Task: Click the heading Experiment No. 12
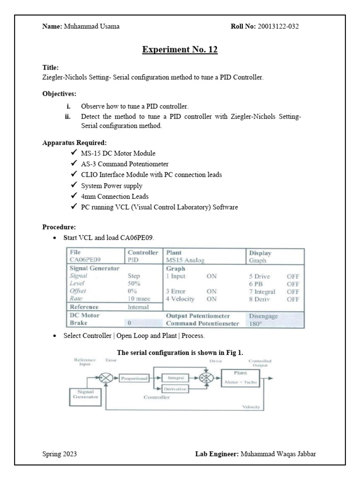pos(180,50)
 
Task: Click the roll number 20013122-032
pos(277,26)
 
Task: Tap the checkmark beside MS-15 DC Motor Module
pos(74,153)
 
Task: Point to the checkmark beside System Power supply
pos(74,185)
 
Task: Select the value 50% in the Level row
pos(134,284)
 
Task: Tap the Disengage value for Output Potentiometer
pos(264,316)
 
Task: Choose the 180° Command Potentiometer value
pos(256,323)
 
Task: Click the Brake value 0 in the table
pos(129,323)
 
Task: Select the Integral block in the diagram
pos(175,377)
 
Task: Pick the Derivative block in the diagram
pos(175,389)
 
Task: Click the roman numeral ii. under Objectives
pos(68,117)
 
